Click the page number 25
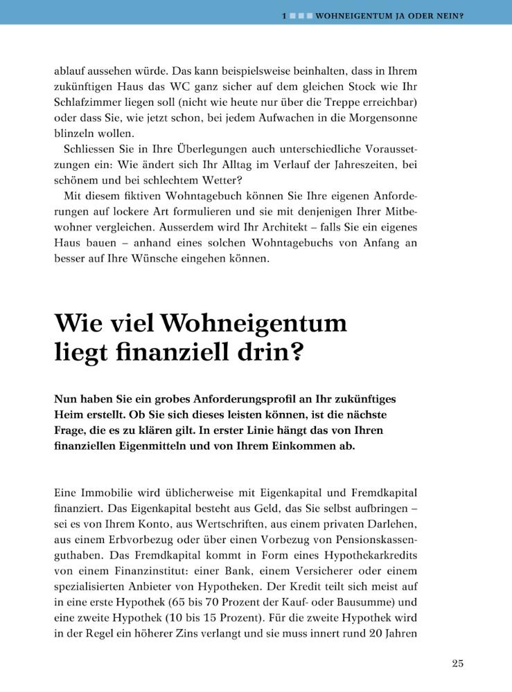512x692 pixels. tap(457, 664)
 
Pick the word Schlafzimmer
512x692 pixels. tap(87, 103)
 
